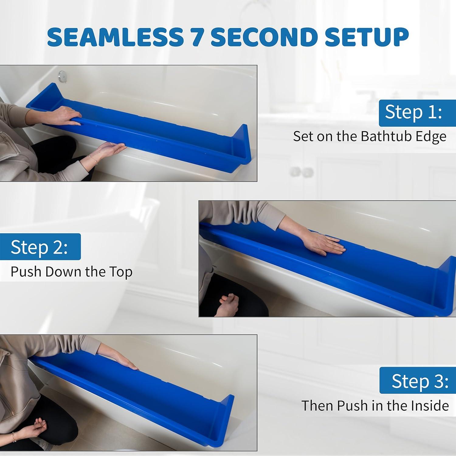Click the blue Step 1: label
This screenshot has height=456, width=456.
413,112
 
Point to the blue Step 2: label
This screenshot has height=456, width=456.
40,247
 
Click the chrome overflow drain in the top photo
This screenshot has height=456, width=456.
63,75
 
